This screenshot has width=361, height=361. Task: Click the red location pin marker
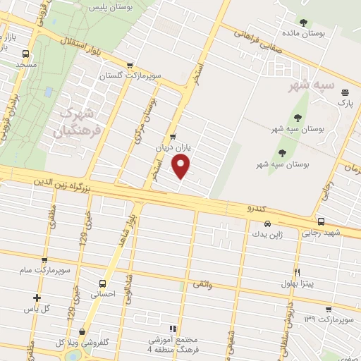pyautogui.click(x=181, y=166)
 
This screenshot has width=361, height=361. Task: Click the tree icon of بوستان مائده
pyautogui.click(x=304, y=23)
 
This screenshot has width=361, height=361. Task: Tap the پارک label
pyautogui.click(x=345, y=103)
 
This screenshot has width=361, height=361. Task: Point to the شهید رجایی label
pyautogui.click(x=321, y=233)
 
